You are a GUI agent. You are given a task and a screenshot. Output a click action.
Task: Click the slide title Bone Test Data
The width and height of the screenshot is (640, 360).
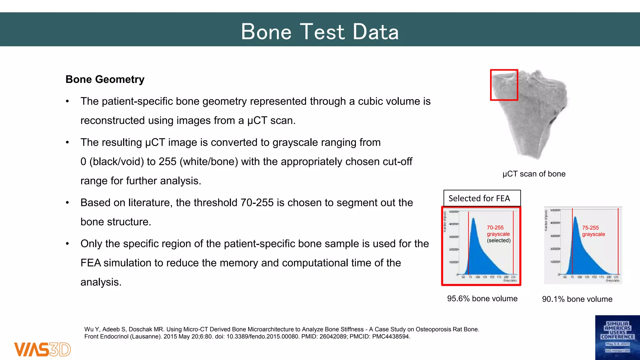[x=320, y=32]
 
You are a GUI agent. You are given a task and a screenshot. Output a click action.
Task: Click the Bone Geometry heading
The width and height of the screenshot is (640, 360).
[x=105, y=79]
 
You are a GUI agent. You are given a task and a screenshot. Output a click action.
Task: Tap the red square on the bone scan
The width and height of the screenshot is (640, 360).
[x=504, y=85]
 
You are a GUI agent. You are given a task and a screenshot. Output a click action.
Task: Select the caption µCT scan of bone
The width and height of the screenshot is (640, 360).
[x=534, y=174]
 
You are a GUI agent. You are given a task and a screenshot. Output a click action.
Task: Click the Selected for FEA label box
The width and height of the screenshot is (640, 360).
[x=482, y=198]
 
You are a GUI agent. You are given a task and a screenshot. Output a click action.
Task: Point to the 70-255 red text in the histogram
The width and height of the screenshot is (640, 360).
[x=495, y=228]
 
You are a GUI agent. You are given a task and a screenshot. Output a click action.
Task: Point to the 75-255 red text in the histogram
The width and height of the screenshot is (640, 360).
[x=590, y=228]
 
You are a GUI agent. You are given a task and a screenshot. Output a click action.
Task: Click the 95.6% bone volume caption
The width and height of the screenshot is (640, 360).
[x=482, y=299]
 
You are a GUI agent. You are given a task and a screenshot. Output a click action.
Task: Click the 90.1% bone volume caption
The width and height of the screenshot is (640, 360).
[x=577, y=299]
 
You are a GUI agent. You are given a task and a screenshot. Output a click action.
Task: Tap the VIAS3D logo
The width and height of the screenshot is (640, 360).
[x=42, y=349]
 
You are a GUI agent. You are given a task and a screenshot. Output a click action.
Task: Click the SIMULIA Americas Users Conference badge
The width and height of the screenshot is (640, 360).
[x=617, y=337]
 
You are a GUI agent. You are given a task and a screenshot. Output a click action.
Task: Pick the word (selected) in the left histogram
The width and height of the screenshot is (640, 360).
[x=498, y=241]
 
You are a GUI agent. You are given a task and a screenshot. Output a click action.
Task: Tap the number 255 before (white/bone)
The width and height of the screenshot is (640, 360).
[x=167, y=162]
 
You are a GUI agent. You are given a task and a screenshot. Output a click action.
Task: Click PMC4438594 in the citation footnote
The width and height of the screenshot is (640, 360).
[x=391, y=337]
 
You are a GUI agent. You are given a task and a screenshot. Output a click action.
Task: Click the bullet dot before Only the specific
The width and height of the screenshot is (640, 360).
[x=67, y=244]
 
